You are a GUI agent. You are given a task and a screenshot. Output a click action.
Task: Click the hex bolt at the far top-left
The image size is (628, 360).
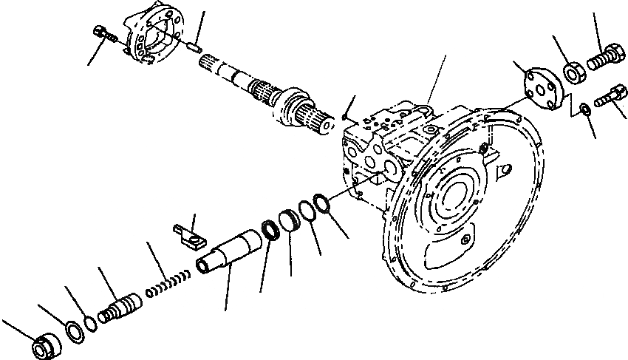point(105,35)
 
